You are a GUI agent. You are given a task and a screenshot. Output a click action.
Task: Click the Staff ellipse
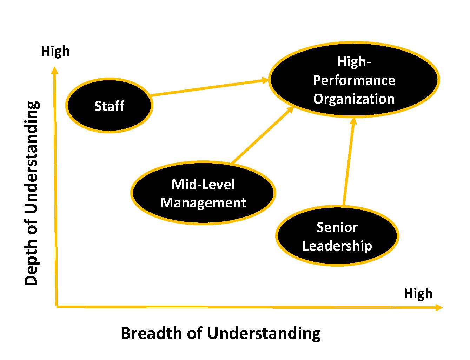point(109,106)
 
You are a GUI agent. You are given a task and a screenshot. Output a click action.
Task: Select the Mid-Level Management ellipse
point(203,193)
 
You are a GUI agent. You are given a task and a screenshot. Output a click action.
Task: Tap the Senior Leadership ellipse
point(337,236)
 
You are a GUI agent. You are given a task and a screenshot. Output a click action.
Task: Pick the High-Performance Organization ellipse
point(354,80)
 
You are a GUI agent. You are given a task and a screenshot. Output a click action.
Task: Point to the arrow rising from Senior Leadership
point(349,161)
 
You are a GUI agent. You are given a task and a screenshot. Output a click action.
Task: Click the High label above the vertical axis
point(55,51)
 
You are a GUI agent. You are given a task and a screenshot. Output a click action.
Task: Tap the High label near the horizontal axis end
point(418,293)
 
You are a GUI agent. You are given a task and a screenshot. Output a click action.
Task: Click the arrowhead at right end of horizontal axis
point(439,308)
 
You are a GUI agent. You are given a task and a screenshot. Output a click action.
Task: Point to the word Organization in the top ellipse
point(354,99)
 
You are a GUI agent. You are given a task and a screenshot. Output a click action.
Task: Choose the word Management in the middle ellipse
point(203,203)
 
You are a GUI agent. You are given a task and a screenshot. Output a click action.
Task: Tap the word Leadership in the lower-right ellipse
point(337,246)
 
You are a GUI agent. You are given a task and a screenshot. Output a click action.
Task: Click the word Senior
point(337,227)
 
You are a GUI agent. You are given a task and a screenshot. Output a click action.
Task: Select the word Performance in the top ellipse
point(354,80)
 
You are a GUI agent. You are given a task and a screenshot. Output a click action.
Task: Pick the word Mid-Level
point(203,184)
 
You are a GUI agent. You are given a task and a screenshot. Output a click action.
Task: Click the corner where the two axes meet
point(57,307)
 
